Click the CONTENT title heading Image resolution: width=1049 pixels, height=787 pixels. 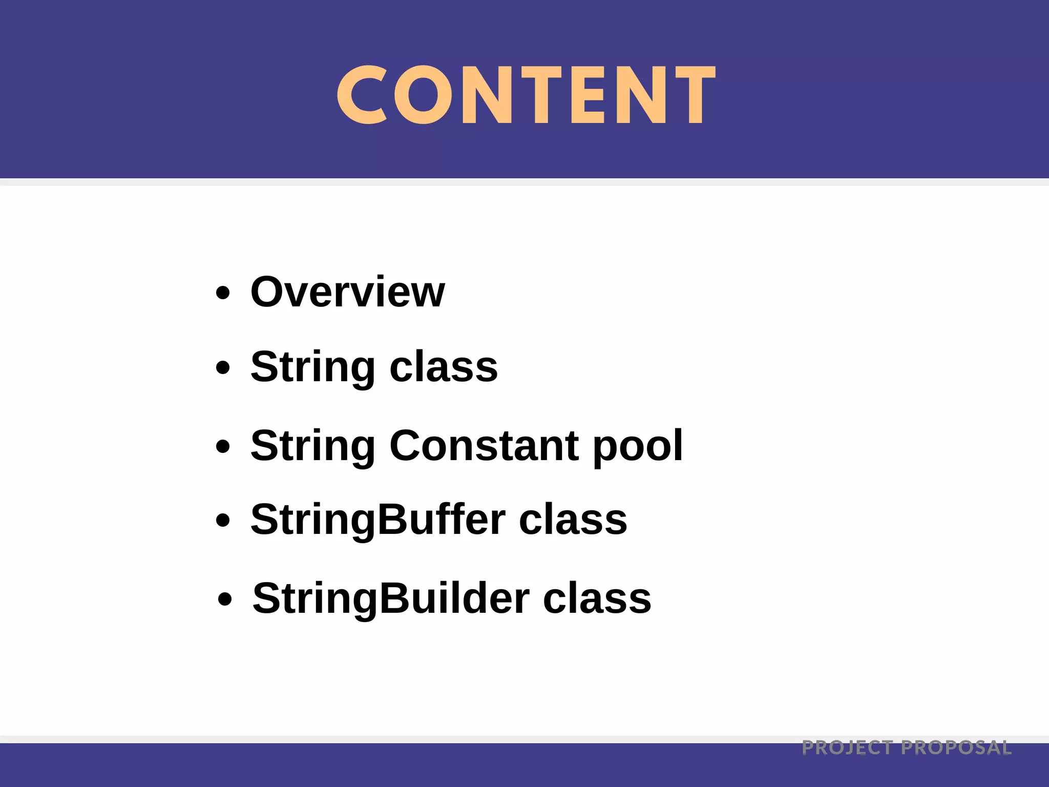pyautogui.click(x=526, y=95)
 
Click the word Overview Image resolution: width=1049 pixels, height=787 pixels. pyautogui.click(x=347, y=292)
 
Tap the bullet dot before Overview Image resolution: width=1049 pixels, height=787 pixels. pyautogui.click(x=223, y=293)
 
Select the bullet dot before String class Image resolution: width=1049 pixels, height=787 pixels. pyautogui.click(x=223, y=367)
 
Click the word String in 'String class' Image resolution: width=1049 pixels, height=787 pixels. pyautogui.click(x=313, y=367)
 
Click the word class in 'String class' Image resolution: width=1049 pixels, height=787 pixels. pyautogui.click(x=444, y=367)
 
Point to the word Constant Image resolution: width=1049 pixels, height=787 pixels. pyautogui.click(x=485, y=445)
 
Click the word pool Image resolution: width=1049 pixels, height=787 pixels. pyautogui.click(x=638, y=447)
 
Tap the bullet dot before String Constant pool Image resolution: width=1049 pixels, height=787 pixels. pyautogui.click(x=223, y=446)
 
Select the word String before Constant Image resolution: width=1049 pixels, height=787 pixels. pyautogui.click(x=313, y=446)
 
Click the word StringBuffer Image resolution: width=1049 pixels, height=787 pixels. pyautogui.click(x=378, y=520)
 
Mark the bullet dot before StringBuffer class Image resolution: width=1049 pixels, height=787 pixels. pyautogui.click(x=223, y=521)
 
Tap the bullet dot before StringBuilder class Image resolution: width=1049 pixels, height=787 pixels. pyautogui.click(x=225, y=599)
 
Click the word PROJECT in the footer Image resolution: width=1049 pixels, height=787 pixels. pyautogui.click(x=847, y=748)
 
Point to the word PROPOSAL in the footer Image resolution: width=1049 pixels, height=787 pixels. pyautogui.click(x=956, y=748)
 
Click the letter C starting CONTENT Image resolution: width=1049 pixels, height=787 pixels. pyautogui.click(x=361, y=95)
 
